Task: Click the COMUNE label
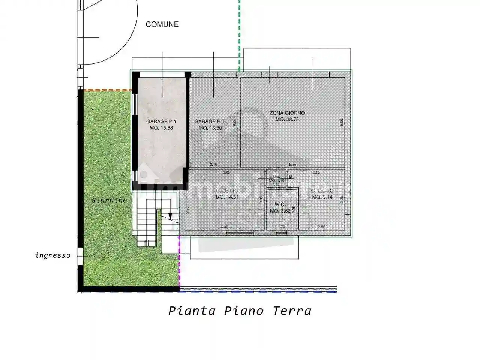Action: pos(162,24)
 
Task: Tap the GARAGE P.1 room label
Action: pos(161,121)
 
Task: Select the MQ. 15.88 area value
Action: pos(161,128)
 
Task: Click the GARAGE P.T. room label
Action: pos(210,121)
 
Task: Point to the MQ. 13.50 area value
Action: pos(210,128)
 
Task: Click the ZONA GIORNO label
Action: pos(287,113)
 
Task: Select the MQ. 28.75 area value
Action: pos(287,120)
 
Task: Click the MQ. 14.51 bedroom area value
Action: pos(227,197)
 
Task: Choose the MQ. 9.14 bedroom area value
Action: pos(322,197)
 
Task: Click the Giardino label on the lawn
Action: pos(109,201)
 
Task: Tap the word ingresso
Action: pos(53,255)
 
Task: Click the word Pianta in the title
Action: pos(192,311)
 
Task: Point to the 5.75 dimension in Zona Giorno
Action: pos(293,164)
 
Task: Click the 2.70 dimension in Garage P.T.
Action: pos(213,164)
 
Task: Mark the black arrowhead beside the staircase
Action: pos(170,216)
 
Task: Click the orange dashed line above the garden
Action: pos(107,90)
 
